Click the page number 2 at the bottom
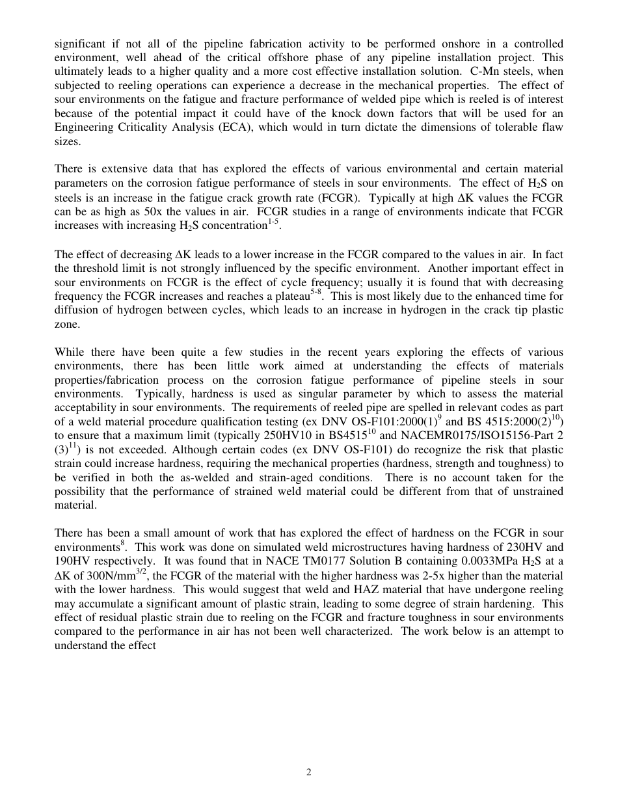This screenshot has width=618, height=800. click(309, 773)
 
